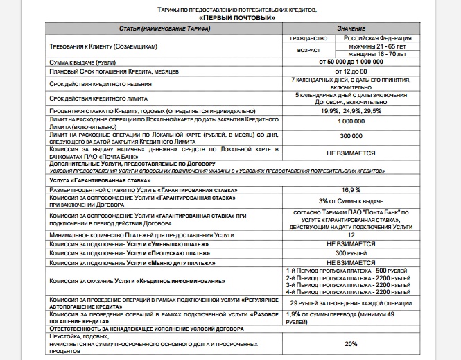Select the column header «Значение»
[x=350, y=27]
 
